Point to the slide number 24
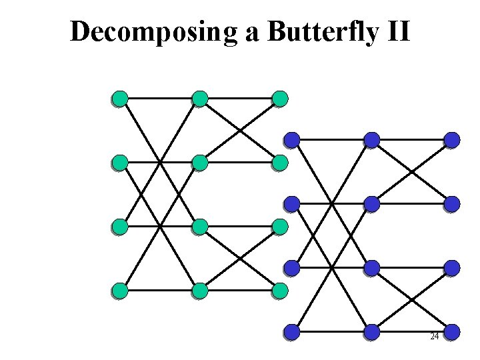[434, 337]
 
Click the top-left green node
[120, 99]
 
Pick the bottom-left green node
[120, 291]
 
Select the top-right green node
[280, 99]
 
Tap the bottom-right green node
[280, 291]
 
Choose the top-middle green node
[199, 99]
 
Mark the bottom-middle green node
[199, 291]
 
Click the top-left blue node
[292, 140]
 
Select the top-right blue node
[452, 140]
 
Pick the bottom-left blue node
[292, 331]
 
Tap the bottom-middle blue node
[372, 331]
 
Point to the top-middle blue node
[372, 140]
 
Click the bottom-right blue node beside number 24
[452, 331]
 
